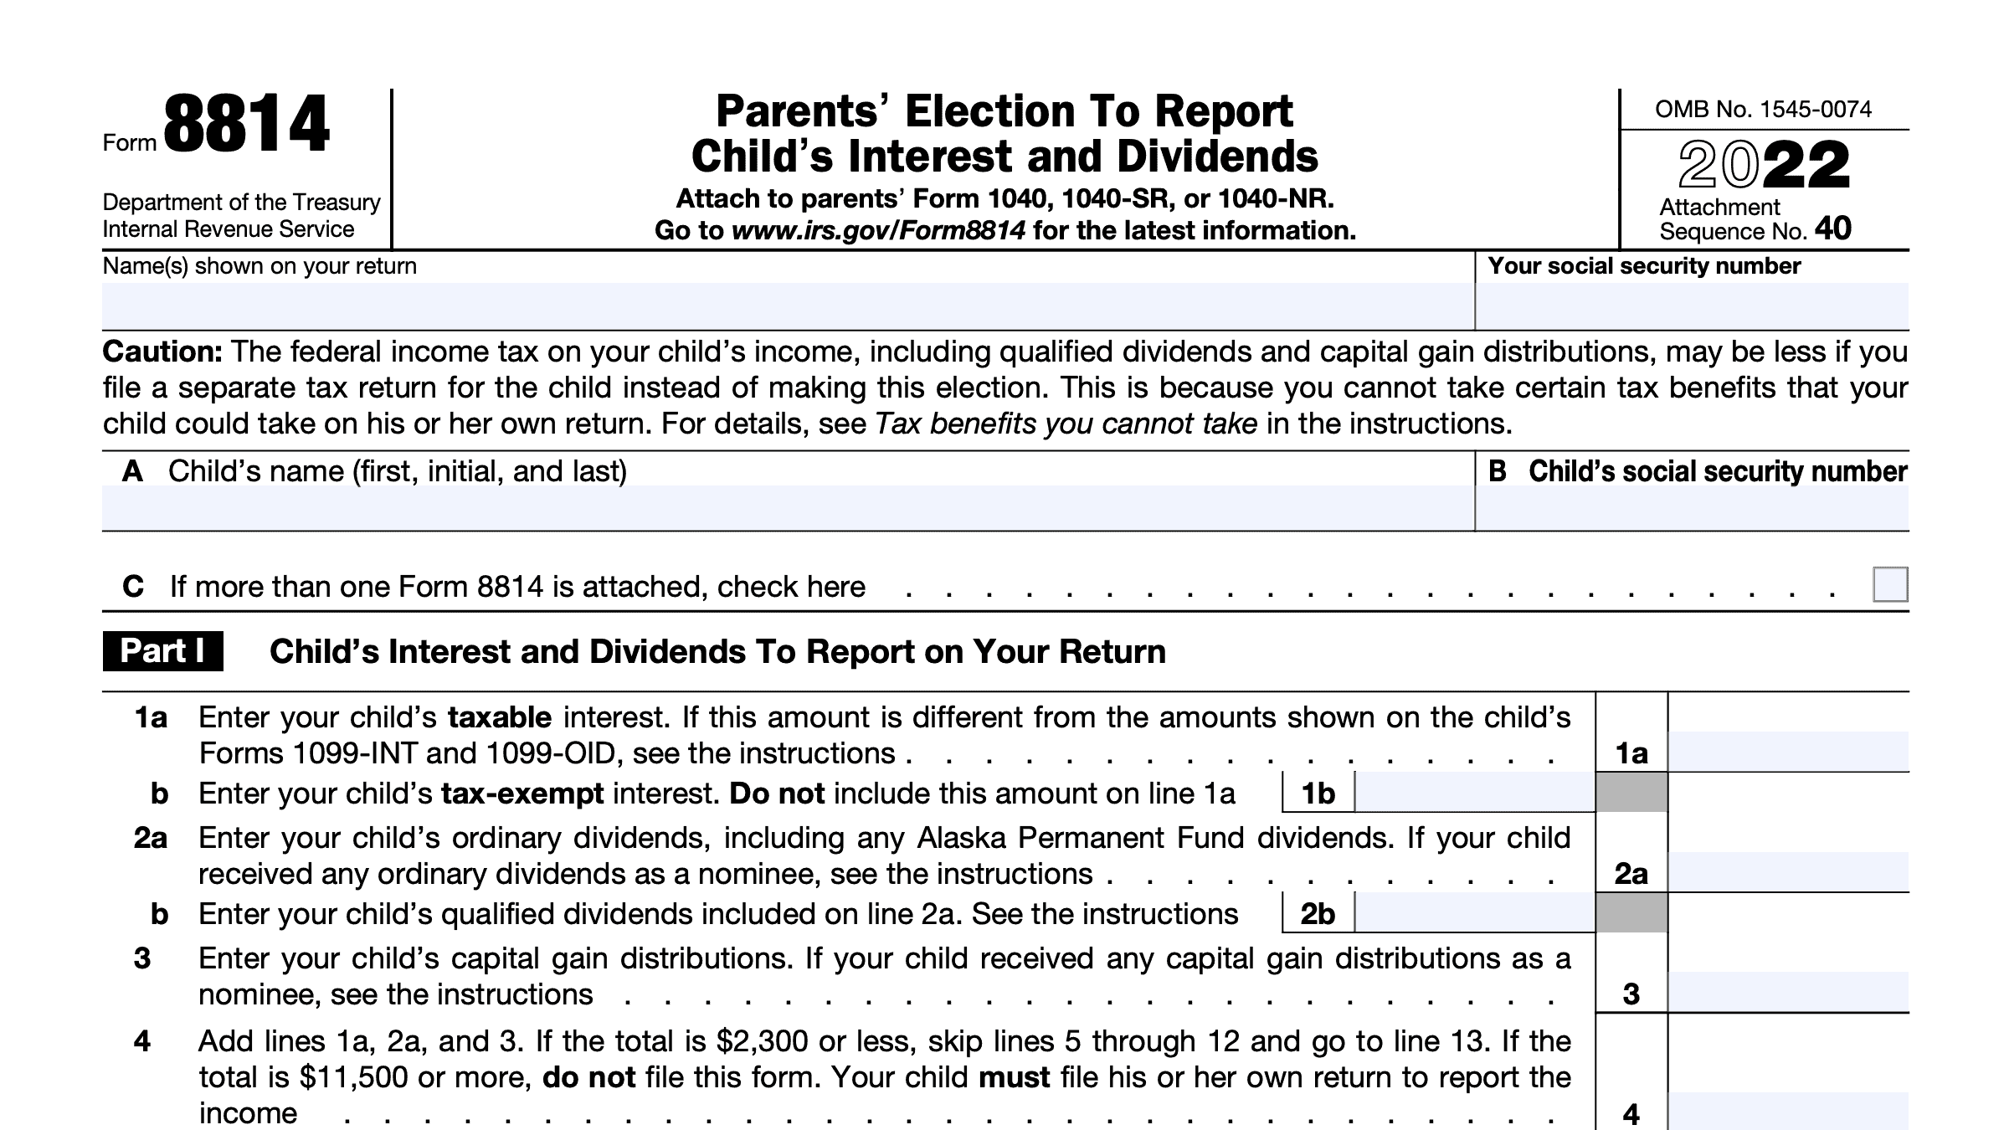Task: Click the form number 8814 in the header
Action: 246,126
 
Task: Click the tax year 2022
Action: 1764,165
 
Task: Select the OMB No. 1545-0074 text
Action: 1763,110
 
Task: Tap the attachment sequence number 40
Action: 1832,229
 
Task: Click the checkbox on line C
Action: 1889,584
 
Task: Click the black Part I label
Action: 162,651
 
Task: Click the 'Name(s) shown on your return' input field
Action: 787,306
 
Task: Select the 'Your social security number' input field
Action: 1691,306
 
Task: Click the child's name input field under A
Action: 787,507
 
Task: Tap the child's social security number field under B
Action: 1691,507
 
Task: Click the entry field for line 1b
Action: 1473,793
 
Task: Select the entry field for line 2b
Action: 1473,913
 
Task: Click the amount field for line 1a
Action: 1787,752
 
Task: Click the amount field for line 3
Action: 1787,993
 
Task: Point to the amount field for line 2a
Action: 1787,872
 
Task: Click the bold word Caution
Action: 162,352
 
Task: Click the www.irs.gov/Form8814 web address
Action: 878,230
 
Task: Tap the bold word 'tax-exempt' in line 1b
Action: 522,794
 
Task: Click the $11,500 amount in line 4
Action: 353,1077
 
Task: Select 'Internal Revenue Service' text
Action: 228,229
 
